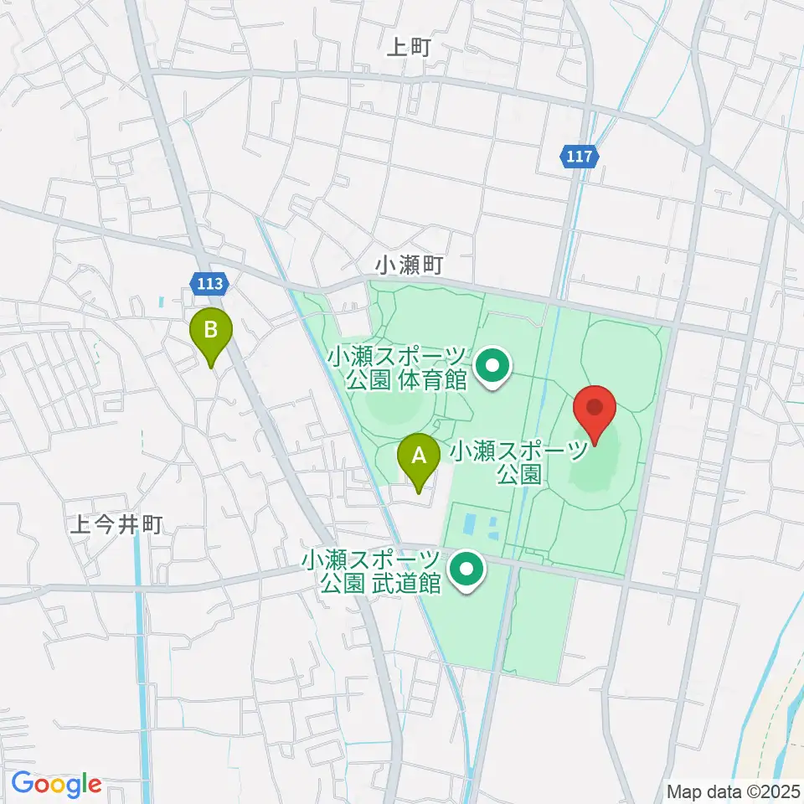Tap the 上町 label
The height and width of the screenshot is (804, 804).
click(x=408, y=48)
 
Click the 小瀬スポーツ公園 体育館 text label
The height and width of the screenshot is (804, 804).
click(x=397, y=369)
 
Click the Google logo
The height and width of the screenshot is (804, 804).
click(x=56, y=785)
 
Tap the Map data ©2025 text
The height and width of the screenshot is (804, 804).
click(x=734, y=791)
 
